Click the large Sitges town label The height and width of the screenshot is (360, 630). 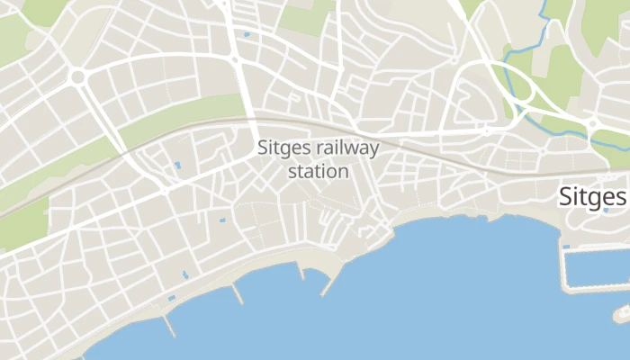point(591,196)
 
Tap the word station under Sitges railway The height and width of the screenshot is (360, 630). point(318,170)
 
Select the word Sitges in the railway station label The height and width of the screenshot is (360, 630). point(283,148)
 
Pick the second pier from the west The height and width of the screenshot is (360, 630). point(238,293)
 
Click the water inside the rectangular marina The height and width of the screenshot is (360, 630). point(598,266)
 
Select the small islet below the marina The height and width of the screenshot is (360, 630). point(622,313)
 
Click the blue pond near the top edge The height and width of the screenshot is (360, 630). point(247,35)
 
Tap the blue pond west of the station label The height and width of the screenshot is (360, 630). point(176,166)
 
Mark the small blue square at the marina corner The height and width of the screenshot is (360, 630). point(566,247)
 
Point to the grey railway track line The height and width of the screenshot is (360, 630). point(432,144)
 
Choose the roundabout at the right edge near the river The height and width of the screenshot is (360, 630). point(593,124)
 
